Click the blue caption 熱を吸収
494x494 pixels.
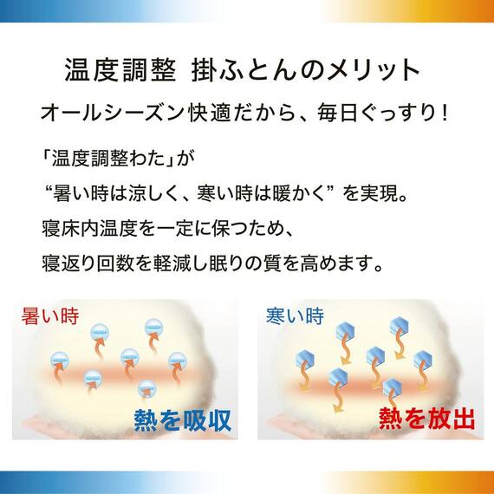[183, 419]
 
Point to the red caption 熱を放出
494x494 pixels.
[426, 419]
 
